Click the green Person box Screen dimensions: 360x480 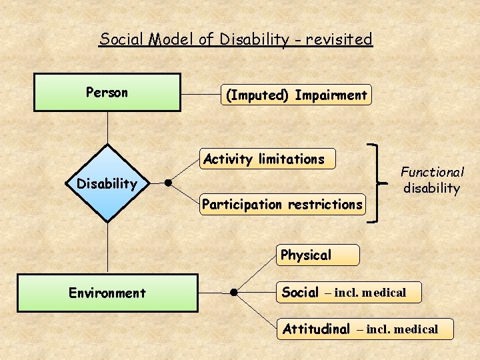(x=107, y=92)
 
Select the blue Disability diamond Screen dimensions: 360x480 (x=107, y=183)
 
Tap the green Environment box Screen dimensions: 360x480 (x=107, y=293)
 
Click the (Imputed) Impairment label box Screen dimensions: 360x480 (x=296, y=95)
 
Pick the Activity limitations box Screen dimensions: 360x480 (x=267, y=159)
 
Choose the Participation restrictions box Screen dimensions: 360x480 (x=283, y=204)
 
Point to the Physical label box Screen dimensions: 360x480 (x=317, y=255)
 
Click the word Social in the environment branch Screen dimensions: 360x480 (x=300, y=292)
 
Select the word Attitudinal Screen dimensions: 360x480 (x=316, y=329)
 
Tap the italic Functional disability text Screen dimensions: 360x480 (x=431, y=180)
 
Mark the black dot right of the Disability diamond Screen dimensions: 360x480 (x=169, y=182)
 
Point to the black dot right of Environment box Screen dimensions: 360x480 (x=234, y=292)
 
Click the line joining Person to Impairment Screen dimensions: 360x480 (x=201, y=95)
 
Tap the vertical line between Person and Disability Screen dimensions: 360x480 (x=107, y=127)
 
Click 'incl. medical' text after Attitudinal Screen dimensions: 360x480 (x=397, y=329)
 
